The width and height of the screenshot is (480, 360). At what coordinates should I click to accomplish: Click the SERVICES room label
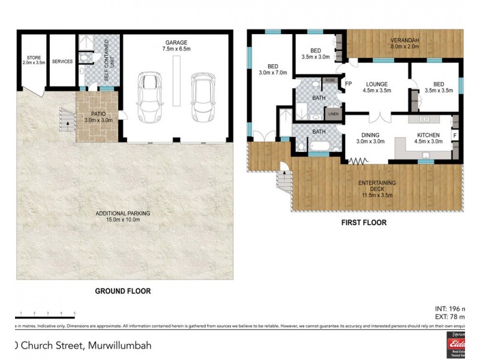click(62, 62)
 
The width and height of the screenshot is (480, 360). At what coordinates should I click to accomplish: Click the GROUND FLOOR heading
click(123, 291)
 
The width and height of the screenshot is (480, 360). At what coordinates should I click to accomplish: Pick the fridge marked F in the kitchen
click(455, 136)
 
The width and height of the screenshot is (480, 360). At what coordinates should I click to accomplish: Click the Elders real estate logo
click(458, 344)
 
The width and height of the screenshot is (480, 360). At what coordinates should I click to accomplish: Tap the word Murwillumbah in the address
click(119, 345)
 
